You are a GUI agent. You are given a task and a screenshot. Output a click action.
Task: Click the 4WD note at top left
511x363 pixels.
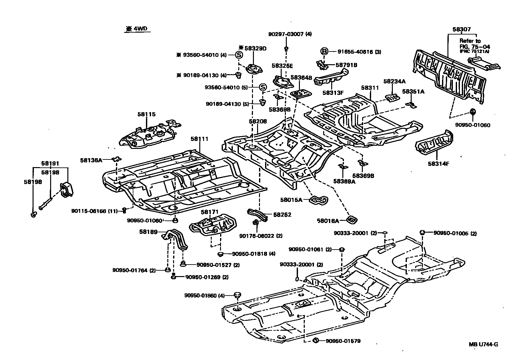137,29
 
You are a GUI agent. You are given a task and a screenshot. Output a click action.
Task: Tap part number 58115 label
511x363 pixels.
146,114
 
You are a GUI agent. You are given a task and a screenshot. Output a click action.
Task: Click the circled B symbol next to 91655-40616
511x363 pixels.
324,51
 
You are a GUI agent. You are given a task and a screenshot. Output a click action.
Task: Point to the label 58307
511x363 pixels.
461,29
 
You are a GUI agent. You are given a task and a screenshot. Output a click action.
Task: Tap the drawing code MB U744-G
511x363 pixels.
483,344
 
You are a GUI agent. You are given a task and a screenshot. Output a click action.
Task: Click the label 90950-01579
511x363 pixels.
343,341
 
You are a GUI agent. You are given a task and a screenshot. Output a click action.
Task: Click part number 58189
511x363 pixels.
148,232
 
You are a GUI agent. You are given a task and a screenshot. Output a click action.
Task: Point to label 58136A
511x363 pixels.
91,160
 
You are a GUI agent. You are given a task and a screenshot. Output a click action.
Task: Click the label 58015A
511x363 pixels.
291,200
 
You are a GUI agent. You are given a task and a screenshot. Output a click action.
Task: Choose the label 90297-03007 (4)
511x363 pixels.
290,34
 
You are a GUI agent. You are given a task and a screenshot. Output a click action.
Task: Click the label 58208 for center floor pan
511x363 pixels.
258,121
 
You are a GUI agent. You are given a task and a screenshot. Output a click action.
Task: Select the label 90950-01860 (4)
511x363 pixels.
204,296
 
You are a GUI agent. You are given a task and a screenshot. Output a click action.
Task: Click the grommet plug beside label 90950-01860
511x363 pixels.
237,295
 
